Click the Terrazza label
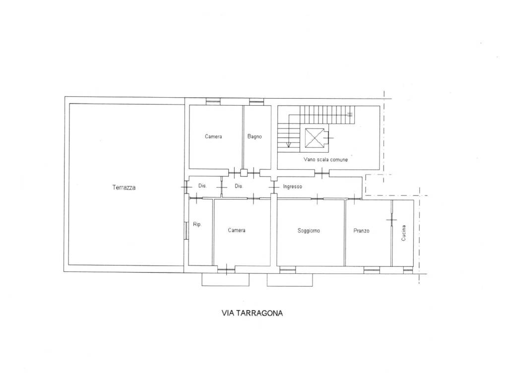[124, 187]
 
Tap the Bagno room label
[254, 136]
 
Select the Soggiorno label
[309, 231]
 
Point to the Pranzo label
[361, 231]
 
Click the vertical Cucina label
[403, 233]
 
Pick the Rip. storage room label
[197, 224]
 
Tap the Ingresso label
[292, 187]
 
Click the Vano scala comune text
[325, 159]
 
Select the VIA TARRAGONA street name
[252, 313]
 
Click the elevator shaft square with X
[314, 138]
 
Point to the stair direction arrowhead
[289, 144]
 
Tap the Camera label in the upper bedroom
[213, 136]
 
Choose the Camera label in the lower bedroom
[237, 230]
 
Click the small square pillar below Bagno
[244, 173]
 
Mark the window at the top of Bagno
[256, 102]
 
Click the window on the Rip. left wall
[186, 230]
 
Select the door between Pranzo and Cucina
[391, 220]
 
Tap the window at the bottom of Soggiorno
[287, 269]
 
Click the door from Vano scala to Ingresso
[321, 174]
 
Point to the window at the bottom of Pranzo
[372, 269]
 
